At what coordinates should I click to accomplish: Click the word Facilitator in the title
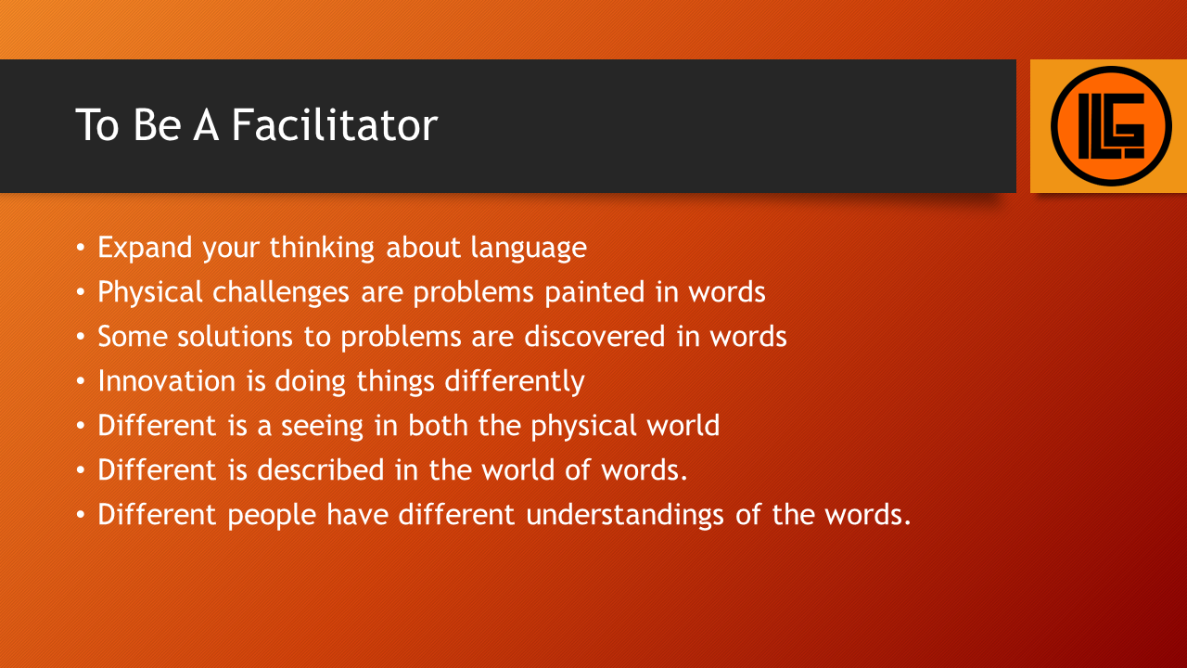pos(335,124)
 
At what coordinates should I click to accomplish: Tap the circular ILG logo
pos(1111,126)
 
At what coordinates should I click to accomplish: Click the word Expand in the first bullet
pos(145,248)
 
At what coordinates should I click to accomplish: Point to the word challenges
pos(281,292)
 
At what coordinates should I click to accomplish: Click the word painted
pos(594,292)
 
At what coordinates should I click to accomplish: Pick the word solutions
pos(235,337)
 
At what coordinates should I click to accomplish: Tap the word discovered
pos(594,337)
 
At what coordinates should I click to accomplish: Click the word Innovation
pos(166,381)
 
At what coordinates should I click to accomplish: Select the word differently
pos(515,381)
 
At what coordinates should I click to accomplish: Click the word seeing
pos(322,427)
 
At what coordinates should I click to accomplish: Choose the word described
pos(321,470)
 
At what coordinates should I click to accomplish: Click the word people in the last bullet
pos(272,516)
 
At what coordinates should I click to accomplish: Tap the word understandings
pos(625,515)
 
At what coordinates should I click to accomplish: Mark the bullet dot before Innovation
pos(80,381)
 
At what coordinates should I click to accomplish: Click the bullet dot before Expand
pos(80,248)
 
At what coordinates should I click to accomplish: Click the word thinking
pos(322,248)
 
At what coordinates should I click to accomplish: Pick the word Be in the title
pos(157,125)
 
